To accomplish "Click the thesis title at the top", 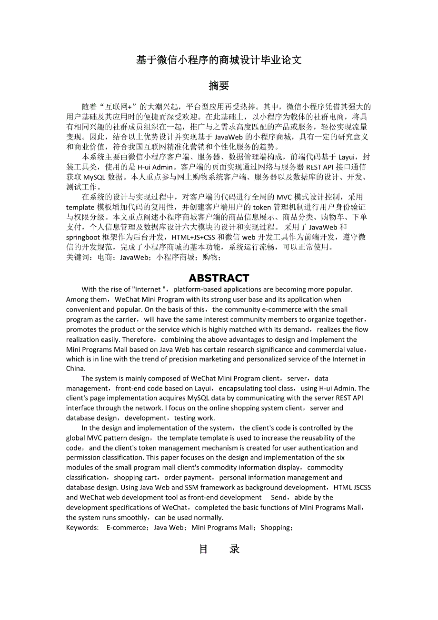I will pos(219,60).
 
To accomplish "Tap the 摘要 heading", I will pos(219,86).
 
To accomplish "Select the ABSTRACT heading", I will pos(219,278).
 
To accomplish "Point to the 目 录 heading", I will pos(219,549).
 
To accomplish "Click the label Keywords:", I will pos(82,528).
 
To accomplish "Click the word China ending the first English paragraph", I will pos(75,369).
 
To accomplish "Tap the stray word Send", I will pos(279,498).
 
